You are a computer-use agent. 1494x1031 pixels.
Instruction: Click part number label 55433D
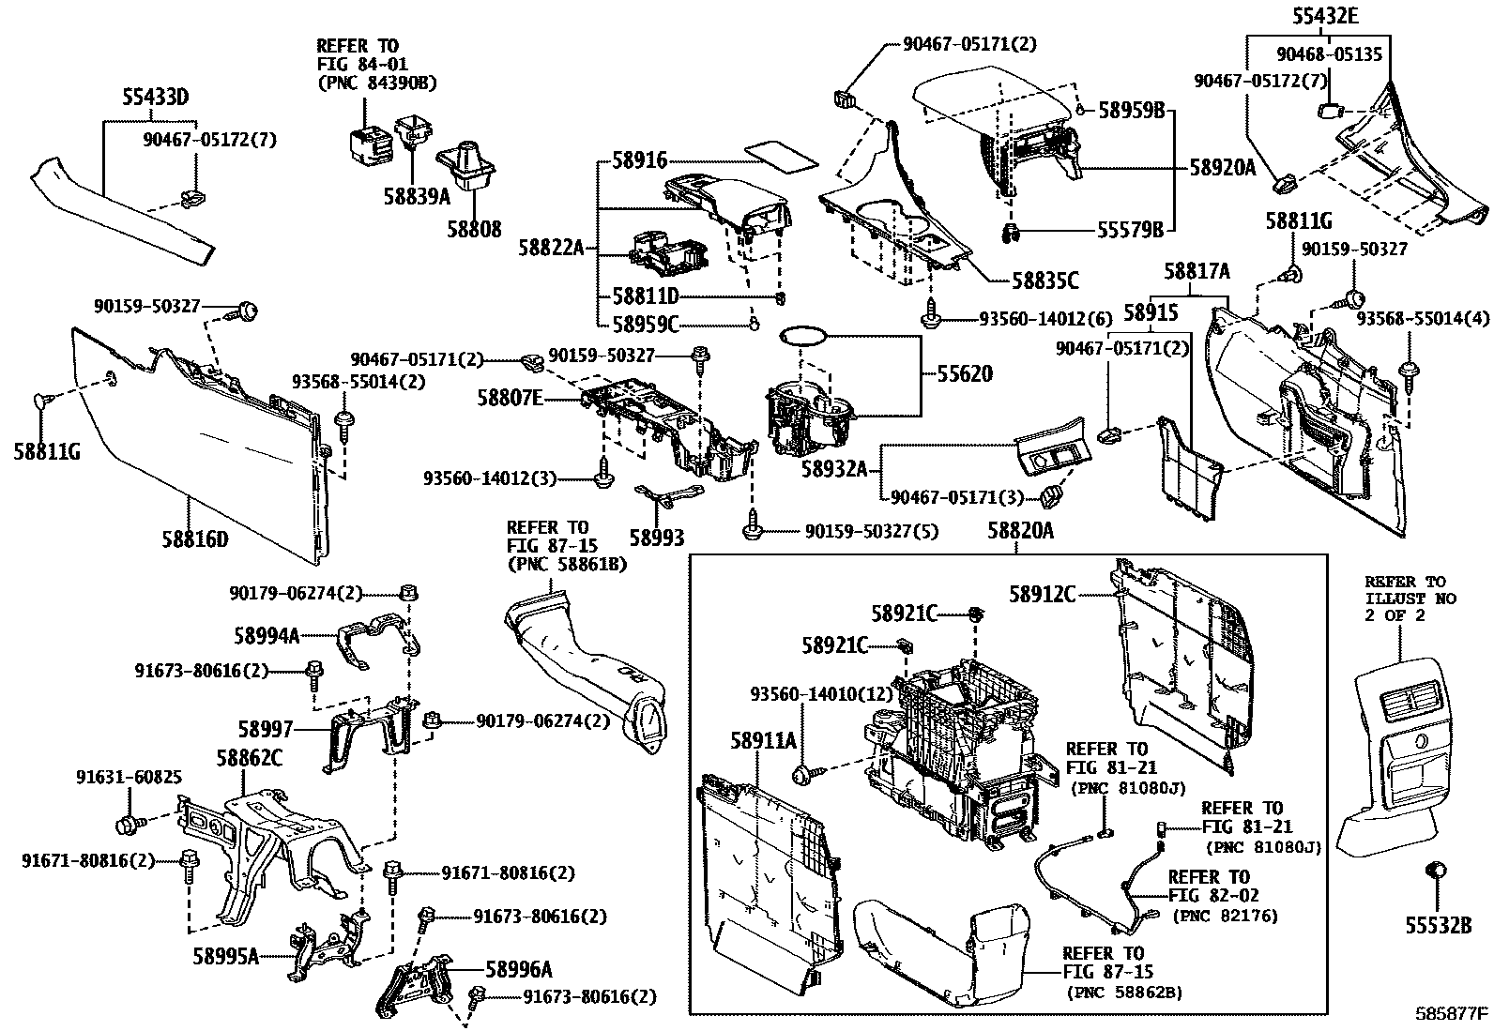pyautogui.click(x=156, y=96)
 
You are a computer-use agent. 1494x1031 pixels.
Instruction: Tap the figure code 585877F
pyautogui.click(x=1452, y=1014)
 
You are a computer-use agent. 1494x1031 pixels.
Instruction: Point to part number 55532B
pyautogui.click(x=1438, y=925)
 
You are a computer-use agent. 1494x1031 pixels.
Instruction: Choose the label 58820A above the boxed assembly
pyautogui.click(x=1020, y=531)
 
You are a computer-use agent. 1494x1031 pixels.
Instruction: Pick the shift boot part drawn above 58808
pyautogui.click(x=466, y=170)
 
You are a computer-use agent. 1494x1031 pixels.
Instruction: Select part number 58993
pyautogui.click(x=656, y=537)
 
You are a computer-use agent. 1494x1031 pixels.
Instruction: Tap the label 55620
pyautogui.click(x=964, y=373)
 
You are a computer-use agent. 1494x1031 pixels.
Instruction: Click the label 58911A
pyautogui.click(x=763, y=740)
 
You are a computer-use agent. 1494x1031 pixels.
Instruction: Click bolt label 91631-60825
pyautogui.click(x=129, y=777)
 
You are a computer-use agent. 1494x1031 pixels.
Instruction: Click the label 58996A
pyautogui.click(x=518, y=968)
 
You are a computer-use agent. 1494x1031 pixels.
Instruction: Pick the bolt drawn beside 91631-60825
pyautogui.click(x=129, y=824)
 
